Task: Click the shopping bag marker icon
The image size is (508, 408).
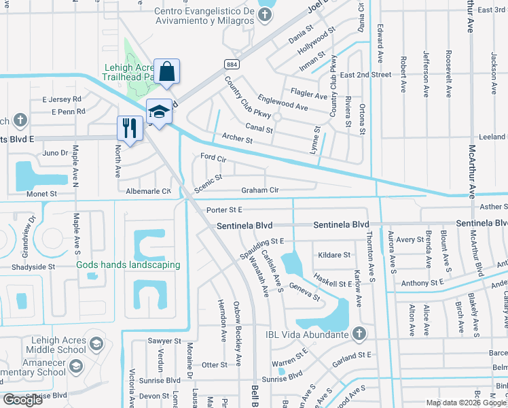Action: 166,70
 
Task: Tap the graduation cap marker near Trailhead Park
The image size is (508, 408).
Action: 158,112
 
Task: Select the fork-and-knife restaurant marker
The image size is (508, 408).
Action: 128,127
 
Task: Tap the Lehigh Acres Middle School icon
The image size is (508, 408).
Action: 96,343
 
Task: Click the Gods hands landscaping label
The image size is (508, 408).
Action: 128,265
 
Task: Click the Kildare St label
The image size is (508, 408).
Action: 334,255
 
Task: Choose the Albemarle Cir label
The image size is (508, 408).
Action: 148,191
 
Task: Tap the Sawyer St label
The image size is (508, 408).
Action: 164,341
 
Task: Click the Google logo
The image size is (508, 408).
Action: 23,400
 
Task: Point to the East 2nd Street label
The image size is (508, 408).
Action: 365,74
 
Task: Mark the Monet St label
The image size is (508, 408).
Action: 42,194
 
